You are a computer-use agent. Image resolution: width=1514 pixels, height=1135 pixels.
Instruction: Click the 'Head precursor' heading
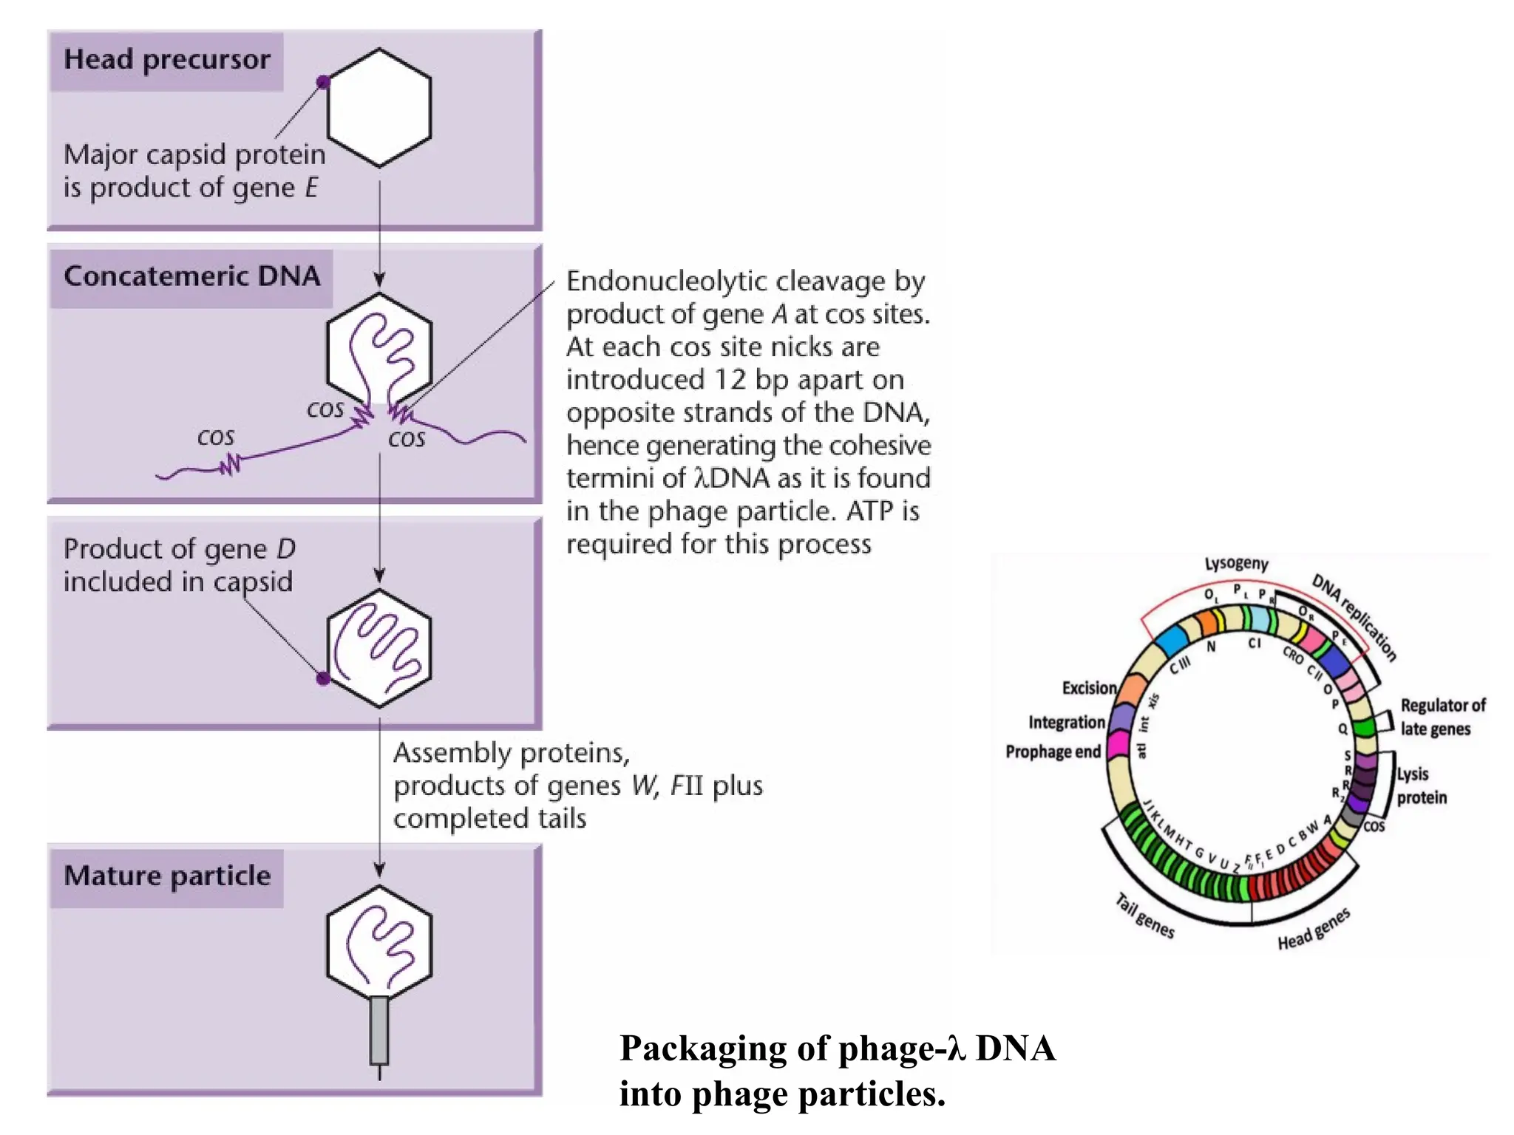(x=167, y=60)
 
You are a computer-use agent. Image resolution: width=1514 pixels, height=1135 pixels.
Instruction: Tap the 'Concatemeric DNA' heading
(x=191, y=276)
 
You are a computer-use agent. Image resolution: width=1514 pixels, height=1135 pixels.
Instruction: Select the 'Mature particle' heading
(x=167, y=876)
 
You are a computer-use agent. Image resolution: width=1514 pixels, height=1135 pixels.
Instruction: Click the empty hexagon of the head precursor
(x=379, y=108)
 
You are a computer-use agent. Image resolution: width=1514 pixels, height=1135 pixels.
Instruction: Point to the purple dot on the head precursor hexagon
(x=323, y=82)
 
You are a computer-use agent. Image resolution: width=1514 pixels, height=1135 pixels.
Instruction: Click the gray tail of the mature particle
(x=378, y=1030)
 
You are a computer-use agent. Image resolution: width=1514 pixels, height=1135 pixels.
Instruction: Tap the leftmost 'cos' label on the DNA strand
(x=215, y=437)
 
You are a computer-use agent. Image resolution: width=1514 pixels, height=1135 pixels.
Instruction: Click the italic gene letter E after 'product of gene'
(x=311, y=188)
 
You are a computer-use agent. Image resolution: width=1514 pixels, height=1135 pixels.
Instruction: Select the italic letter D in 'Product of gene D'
(x=286, y=549)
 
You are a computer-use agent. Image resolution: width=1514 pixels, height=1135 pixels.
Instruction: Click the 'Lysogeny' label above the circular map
(x=1236, y=564)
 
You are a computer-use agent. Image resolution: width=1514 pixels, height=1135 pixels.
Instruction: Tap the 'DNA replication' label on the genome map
(x=1354, y=617)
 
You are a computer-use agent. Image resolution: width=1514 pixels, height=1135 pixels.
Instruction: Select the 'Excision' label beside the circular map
(x=1089, y=688)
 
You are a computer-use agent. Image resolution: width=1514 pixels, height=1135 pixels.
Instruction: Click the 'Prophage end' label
(x=1053, y=751)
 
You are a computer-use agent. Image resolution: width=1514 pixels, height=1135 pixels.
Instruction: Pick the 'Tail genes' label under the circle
(x=1144, y=916)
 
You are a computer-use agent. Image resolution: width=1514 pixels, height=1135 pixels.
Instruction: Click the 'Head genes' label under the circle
(x=1314, y=930)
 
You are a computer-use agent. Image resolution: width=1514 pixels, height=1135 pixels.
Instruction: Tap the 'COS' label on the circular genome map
(x=1374, y=826)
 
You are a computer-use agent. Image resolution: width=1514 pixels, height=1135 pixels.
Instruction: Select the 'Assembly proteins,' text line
(x=512, y=753)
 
